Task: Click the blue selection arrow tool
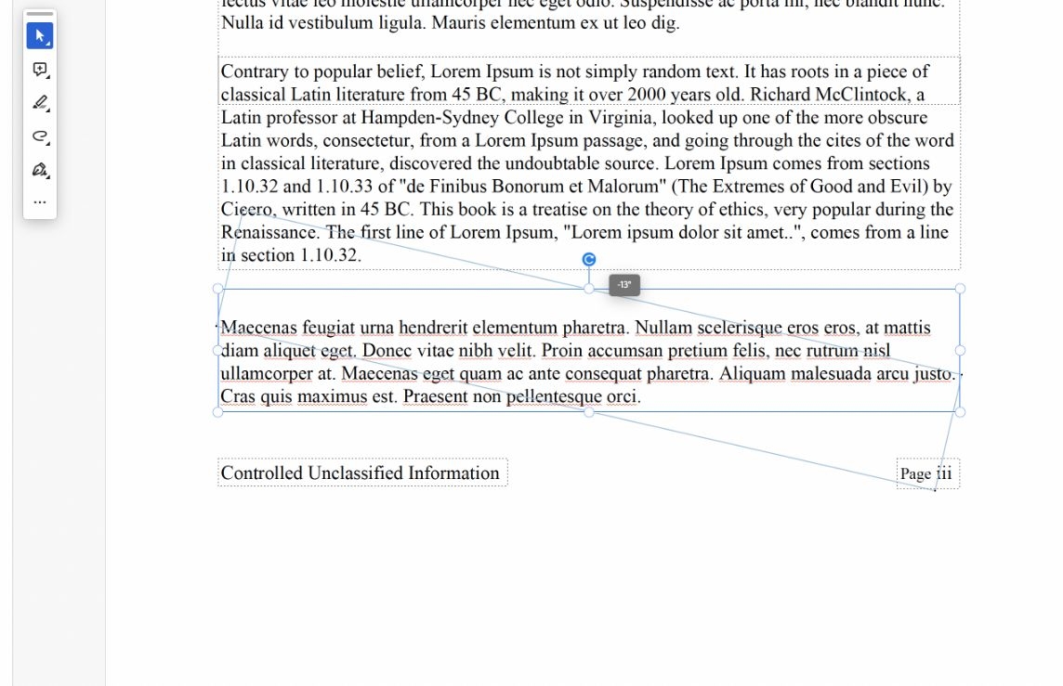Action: coord(39,36)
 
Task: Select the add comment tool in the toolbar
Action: coord(39,70)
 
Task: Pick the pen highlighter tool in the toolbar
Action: coord(39,102)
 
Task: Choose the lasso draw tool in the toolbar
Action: coord(39,136)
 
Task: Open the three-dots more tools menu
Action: coord(39,201)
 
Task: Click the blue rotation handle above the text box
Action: coord(588,259)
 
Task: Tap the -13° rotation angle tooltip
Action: coord(624,285)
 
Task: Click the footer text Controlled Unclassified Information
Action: coord(361,473)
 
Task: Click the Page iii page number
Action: coord(925,473)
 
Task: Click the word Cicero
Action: coord(246,210)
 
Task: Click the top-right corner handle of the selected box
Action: coord(960,289)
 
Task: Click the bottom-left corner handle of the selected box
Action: coord(218,412)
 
